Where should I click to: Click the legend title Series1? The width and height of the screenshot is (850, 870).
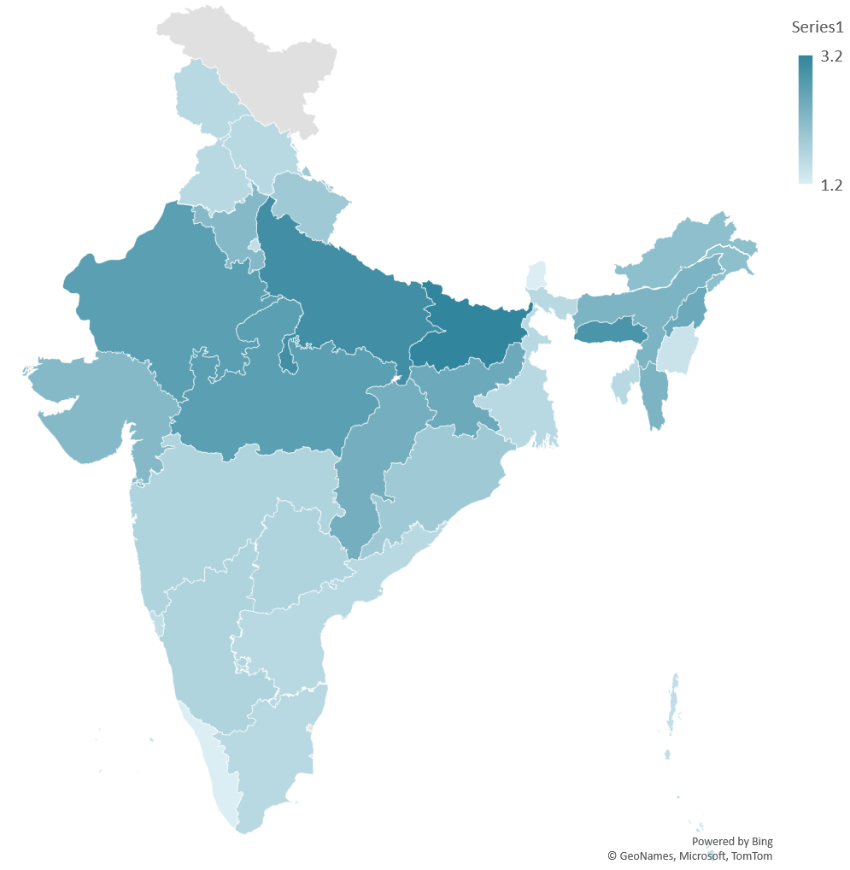coord(818,27)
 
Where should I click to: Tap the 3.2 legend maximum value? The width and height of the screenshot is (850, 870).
coord(831,57)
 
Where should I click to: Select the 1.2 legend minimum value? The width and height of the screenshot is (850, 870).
coord(831,185)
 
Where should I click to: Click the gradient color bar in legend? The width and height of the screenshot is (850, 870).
coord(806,120)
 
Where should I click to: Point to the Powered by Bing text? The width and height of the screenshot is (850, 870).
coord(731,841)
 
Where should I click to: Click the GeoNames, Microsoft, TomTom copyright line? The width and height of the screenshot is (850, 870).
coord(689,855)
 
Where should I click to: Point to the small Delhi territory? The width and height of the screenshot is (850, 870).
coord(254,245)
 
